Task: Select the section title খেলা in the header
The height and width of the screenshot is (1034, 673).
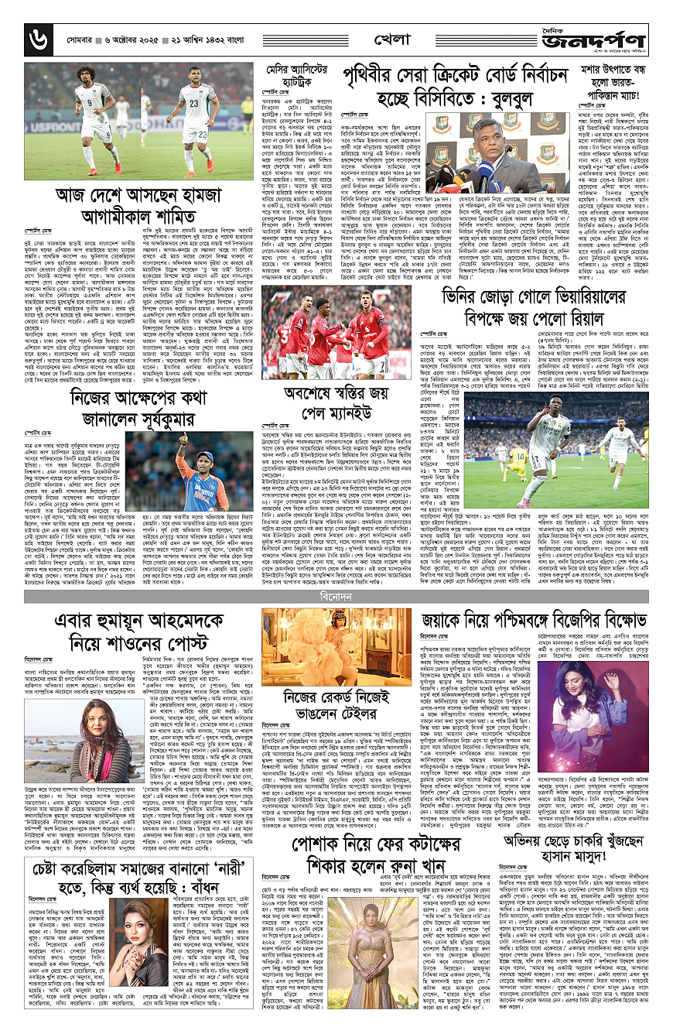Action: [384, 37]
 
